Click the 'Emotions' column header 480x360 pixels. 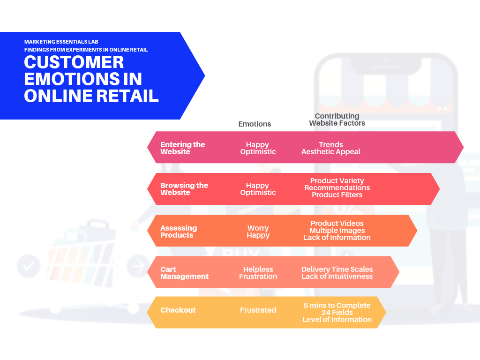(x=255, y=124)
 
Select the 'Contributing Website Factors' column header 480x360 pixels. (x=337, y=120)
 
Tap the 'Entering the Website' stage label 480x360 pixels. (x=182, y=148)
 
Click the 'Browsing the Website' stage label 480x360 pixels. (x=184, y=189)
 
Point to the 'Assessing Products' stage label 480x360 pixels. (x=178, y=232)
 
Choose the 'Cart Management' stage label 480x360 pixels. (x=184, y=273)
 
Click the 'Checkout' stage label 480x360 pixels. (x=178, y=310)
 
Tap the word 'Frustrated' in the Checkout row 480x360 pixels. (x=258, y=310)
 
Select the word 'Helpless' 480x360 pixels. (x=258, y=270)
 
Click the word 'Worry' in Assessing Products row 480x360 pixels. (x=258, y=228)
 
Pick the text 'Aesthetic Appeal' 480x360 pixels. (x=330, y=152)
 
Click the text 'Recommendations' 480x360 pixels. (x=337, y=188)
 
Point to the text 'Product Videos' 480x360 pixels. (x=337, y=224)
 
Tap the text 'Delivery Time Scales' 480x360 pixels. (x=337, y=270)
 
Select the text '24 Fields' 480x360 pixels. (x=337, y=313)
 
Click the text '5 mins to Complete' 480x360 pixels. (x=337, y=306)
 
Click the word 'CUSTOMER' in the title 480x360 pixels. (x=74, y=62)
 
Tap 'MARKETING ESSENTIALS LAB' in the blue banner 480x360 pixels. (x=61, y=42)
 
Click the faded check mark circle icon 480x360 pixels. (x=28, y=267)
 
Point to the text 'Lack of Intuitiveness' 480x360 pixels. (x=337, y=277)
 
